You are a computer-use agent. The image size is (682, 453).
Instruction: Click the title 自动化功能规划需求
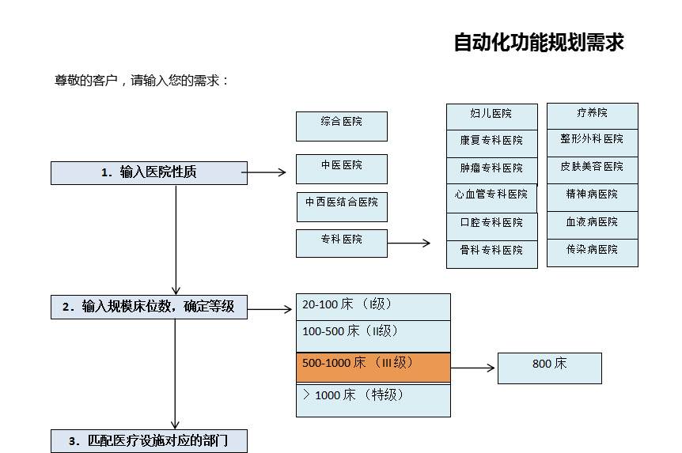point(539,43)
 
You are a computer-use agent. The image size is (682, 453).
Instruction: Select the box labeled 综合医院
point(342,126)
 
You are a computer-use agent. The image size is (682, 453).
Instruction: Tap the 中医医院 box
point(342,168)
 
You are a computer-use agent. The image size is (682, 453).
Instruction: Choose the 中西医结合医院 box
point(342,206)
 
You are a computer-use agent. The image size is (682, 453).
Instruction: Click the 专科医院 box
point(342,243)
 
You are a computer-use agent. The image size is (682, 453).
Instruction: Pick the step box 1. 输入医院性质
point(149,172)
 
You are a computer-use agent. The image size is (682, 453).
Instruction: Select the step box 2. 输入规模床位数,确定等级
point(149,307)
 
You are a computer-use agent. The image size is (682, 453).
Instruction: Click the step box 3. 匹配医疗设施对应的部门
point(149,441)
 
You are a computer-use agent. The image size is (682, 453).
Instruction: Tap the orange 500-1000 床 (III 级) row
point(373,368)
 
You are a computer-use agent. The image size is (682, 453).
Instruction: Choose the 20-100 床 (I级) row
point(373,307)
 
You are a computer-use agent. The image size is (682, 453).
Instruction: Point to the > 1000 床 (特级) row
point(373,400)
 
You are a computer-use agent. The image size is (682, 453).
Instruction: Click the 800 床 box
point(550,368)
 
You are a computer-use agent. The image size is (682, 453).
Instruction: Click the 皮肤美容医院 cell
point(593,168)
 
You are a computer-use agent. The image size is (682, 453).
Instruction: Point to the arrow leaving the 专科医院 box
point(409,243)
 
